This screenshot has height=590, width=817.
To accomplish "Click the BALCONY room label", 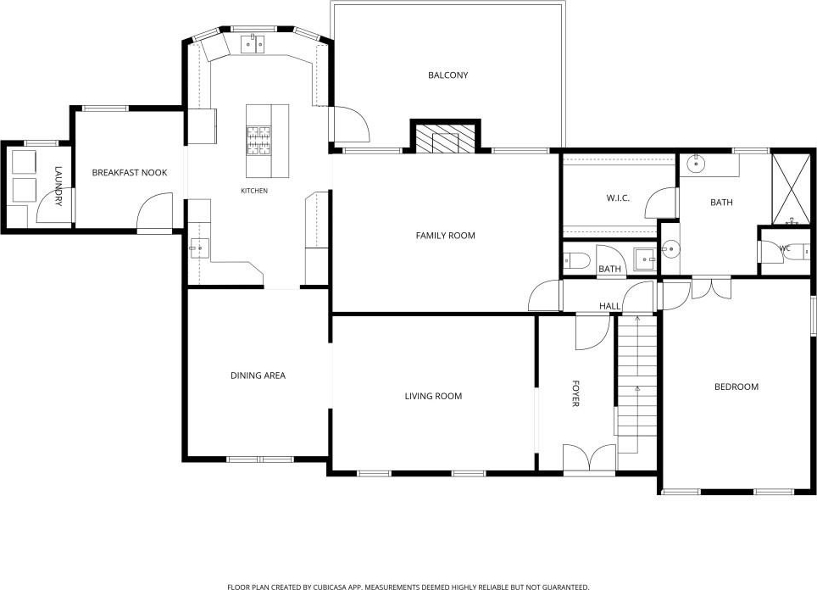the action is (448, 75).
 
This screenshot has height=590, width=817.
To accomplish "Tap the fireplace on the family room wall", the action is (446, 137).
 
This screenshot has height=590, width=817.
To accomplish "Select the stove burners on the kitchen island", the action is (259, 141).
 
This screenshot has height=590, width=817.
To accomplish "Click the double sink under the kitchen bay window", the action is (253, 44).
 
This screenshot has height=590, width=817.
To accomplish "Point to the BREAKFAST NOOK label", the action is (129, 173).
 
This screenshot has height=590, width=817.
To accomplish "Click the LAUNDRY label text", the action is (58, 186).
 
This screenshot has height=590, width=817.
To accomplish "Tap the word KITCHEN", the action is (254, 191).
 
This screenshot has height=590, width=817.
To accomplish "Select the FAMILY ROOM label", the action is (446, 236).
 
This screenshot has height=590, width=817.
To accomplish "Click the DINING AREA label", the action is (258, 376).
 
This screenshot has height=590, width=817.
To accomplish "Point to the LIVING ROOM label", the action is (434, 396).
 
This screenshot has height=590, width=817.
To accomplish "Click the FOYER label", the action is (575, 393).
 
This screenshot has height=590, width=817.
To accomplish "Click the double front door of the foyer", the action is (589, 459).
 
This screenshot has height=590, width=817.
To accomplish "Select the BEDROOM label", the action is (736, 387).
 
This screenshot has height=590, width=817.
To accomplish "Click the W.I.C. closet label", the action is (618, 198).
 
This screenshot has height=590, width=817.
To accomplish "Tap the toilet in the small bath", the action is (577, 259).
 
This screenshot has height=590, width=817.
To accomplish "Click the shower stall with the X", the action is (791, 189).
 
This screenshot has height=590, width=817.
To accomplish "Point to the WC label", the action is (785, 248).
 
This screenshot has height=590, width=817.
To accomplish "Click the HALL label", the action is (609, 306).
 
